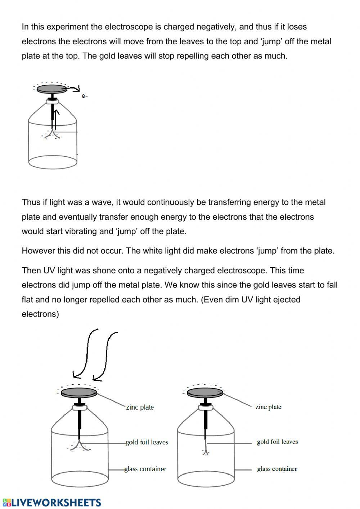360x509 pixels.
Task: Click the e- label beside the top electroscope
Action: [x=85, y=96]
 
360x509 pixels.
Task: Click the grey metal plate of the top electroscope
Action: [x=52, y=89]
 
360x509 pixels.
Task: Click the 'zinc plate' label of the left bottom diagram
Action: [x=140, y=407]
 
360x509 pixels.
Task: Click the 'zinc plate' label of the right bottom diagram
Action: [x=268, y=407]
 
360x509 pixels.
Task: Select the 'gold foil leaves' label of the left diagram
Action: [x=147, y=442]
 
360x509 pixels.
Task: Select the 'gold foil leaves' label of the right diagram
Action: [x=277, y=442]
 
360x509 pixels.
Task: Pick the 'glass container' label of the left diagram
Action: [x=145, y=469]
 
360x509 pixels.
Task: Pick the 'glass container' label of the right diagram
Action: [x=277, y=469]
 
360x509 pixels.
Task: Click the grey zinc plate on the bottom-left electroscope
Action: [x=79, y=392]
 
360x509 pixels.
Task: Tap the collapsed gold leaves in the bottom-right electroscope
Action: [x=206, y=451]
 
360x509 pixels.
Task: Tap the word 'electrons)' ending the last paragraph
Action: [x=40, y=314]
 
